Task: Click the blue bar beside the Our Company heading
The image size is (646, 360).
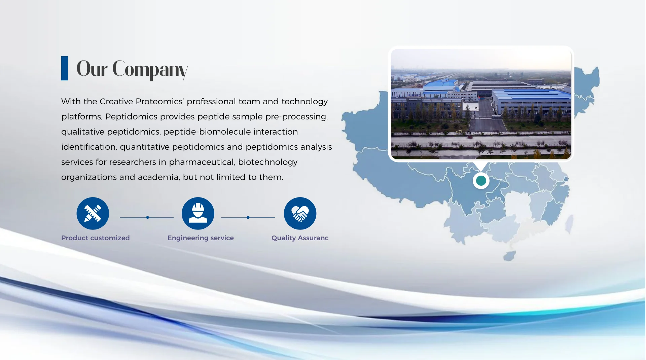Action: coord(65,68)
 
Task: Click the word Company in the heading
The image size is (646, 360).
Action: coord(150,69)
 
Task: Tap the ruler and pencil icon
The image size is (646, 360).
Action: coord(93,213)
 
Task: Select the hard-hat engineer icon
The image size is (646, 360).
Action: coord(198,213)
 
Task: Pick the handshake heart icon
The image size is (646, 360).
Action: coord(300,213)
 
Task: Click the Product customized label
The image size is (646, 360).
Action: coord(96,238)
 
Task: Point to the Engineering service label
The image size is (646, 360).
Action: coord(201,238)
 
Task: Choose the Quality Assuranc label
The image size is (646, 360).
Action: coord(300,238)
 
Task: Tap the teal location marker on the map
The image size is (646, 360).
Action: coord(481,181)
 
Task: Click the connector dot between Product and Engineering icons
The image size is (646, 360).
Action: coord(147,217)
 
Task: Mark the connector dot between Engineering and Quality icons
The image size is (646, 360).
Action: coord(248,217)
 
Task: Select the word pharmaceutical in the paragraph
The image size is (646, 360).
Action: coord(202,162)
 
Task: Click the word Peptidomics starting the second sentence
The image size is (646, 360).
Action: coord(131,117)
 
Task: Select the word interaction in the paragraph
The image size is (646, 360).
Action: coord(276,132)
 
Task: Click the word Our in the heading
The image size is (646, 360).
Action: coord(92,69)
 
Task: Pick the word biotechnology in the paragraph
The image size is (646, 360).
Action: coord(268,162)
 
